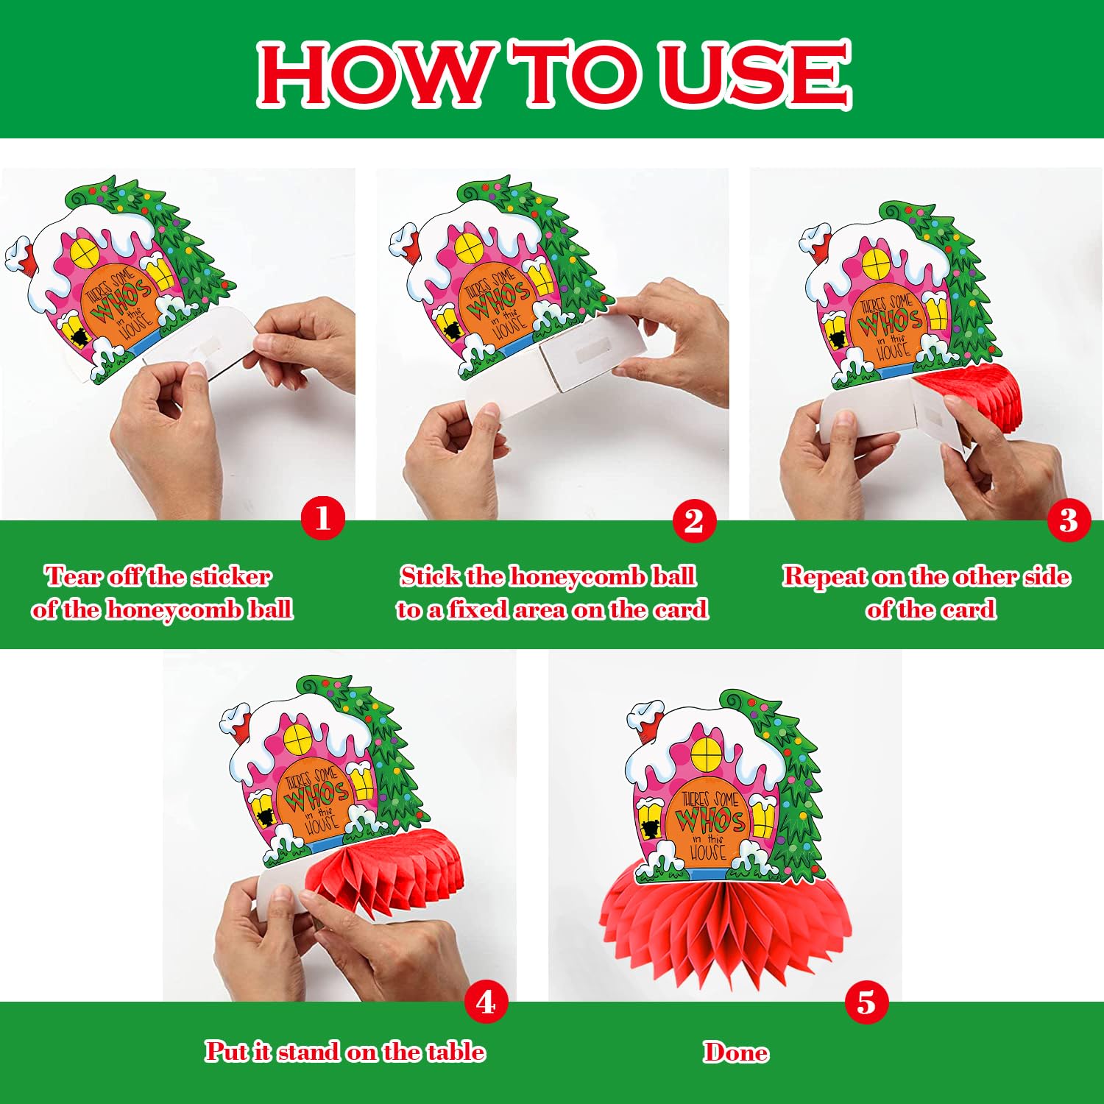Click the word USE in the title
(x=755, y=74)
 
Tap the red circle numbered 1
(x=323, y=518)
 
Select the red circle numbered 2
(x=694, y=521)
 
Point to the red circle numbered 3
(x=1069, y=520)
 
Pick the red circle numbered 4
(x=486, y=1002)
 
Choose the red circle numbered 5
(x=866, y=1002)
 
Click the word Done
(x=736, y=1052)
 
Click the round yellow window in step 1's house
(x=85, y=253)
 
